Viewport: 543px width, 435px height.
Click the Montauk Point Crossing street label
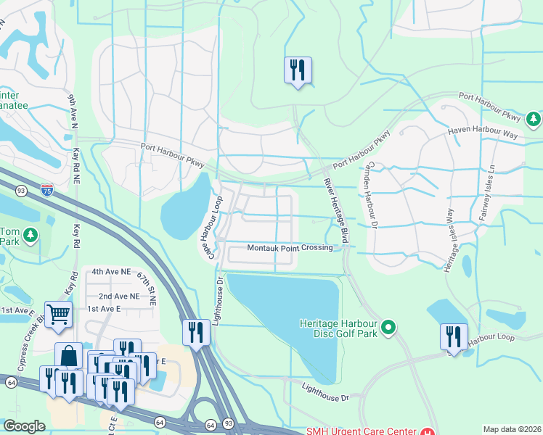(290, 248)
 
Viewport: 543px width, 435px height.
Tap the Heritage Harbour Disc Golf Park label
(339, 328)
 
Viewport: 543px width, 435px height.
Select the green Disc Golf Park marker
(388, 328)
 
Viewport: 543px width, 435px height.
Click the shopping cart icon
(57, 313)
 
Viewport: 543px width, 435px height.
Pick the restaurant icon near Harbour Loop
(453, 336)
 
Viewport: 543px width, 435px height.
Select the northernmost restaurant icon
(298, 70)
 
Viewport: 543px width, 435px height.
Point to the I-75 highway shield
(46, 190)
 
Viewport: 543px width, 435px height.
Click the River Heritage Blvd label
(336, 210)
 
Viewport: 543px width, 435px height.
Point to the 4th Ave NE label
(110, 272)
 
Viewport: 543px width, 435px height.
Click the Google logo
(24, 426)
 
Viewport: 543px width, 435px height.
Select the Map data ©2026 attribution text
(512, 429)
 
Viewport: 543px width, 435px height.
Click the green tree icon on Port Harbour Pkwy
(534, 117)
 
